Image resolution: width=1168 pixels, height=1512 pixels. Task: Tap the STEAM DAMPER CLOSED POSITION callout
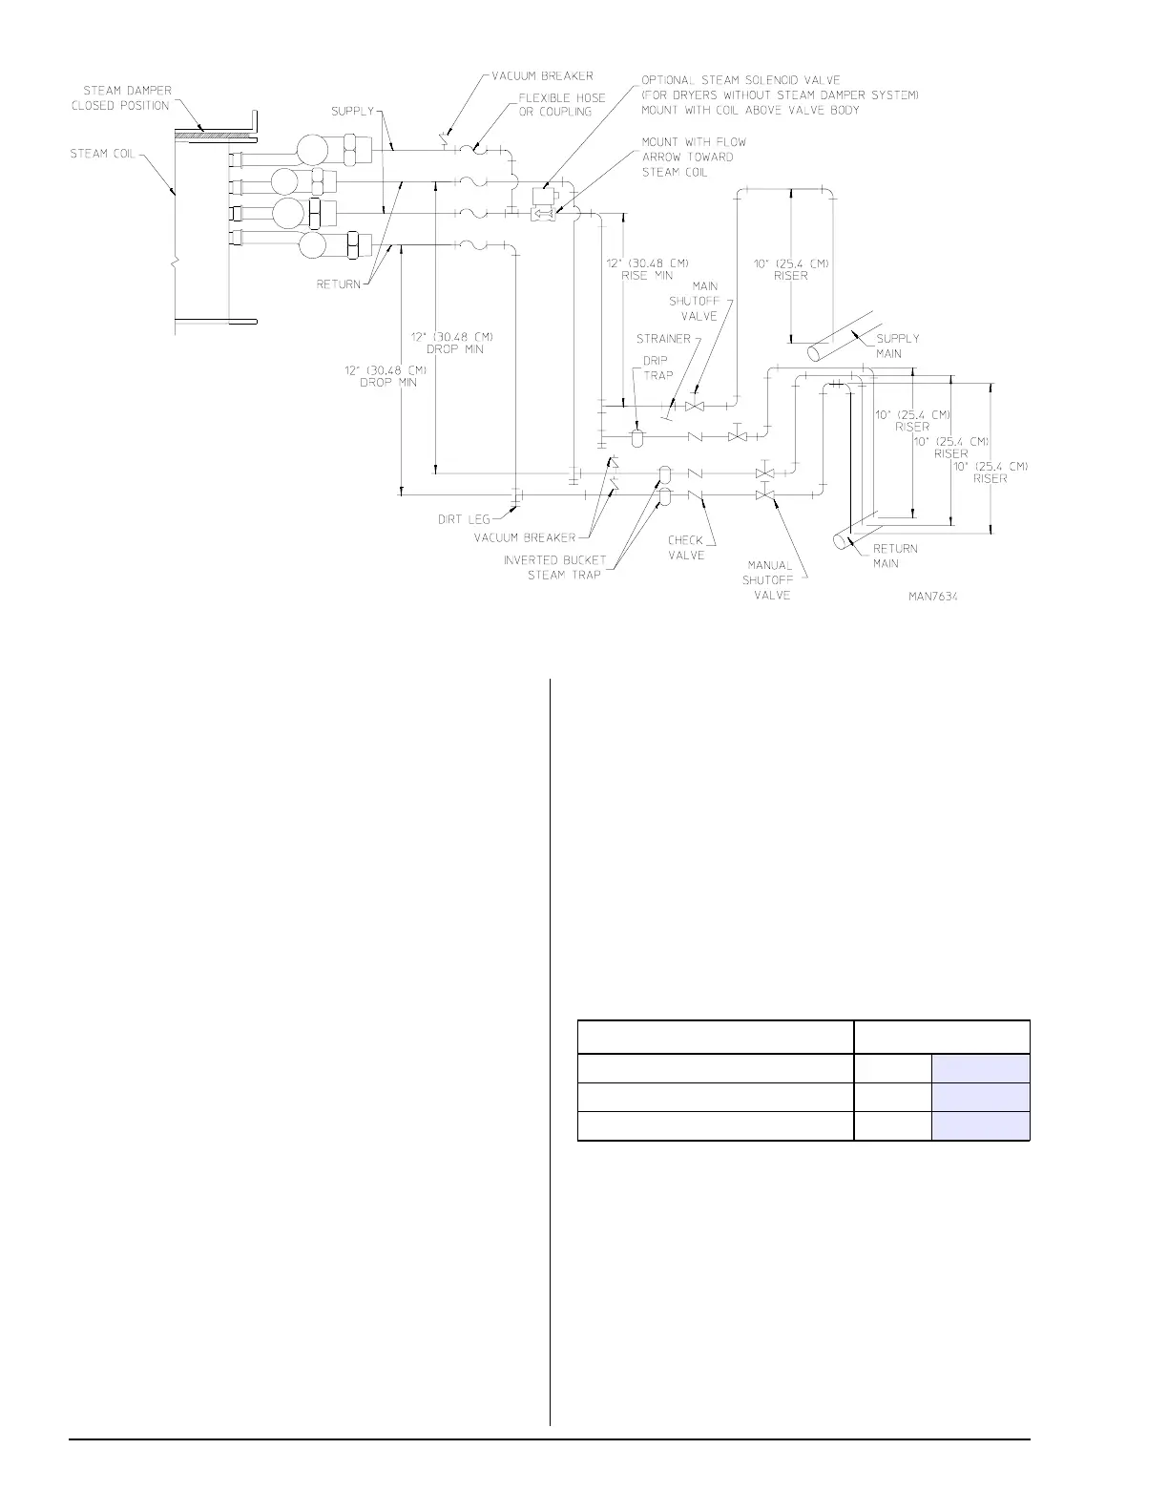pos(121,98)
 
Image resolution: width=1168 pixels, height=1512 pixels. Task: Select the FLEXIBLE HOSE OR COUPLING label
pos(562,104)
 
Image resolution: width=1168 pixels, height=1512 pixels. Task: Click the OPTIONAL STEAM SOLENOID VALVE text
pos(740,81)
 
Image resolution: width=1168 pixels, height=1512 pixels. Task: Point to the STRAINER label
pos(663,339)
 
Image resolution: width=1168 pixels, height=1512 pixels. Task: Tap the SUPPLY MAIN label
pos(897,346)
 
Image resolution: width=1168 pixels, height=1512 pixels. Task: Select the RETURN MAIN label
pos(895,556)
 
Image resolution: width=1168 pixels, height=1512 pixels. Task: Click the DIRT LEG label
pos(465,519)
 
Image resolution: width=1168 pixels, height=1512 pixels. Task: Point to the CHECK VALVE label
pos(685,548)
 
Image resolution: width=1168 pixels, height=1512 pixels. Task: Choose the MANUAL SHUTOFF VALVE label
pos(770,580)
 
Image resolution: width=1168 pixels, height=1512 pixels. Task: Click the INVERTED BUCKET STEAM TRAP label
pos(554,567)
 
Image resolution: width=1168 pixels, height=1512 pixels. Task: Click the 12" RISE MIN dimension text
pos(648,268)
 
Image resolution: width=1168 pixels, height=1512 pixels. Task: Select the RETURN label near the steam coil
pos(338,283)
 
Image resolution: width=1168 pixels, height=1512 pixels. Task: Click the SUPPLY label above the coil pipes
pos(352,112)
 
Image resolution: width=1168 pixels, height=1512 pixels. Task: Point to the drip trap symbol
pos(637,438)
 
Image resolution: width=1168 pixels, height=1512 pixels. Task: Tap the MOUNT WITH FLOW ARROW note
pos(694,157)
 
